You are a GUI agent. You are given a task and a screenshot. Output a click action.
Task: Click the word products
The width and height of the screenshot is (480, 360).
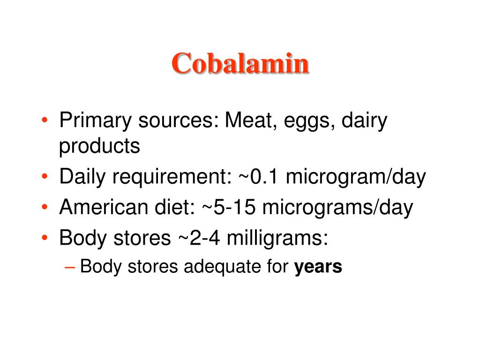point(99,147)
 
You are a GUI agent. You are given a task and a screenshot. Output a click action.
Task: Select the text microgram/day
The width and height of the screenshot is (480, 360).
point(356,178)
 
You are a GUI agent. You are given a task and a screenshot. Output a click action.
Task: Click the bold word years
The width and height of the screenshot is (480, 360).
point(318,267)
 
